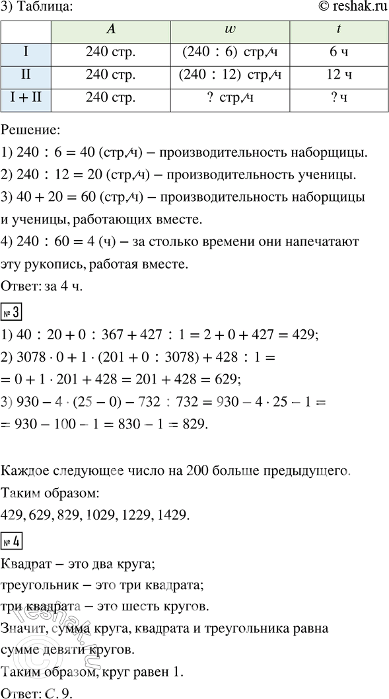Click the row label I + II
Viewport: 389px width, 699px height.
[x=26, y=99]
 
